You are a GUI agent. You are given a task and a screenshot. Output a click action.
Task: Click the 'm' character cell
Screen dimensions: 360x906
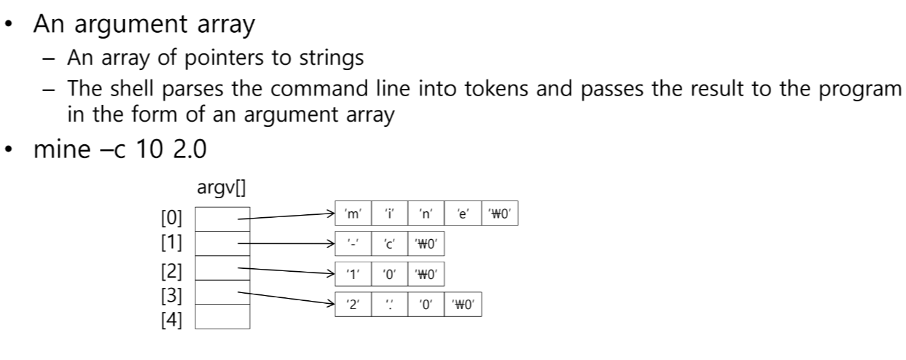[x=353, y=215]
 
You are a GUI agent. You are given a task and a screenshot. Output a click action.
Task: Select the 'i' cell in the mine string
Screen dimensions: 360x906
[x=389, y=215]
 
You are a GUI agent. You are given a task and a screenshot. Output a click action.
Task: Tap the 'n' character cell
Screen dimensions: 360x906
[x=426, y=215]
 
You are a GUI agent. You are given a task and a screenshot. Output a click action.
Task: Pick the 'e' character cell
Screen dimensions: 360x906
[x=462, y=215]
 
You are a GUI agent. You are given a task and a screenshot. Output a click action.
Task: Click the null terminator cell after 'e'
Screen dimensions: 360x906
[x=499, y=215]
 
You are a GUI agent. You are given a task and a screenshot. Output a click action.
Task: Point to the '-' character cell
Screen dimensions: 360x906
[x=353, y=243]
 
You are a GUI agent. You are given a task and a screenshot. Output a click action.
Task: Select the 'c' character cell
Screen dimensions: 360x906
[x=389, y=243]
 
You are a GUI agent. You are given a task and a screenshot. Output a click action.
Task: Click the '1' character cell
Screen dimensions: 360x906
[x=353, y=275]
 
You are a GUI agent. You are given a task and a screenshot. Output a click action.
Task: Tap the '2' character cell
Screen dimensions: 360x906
[x=353, y=302]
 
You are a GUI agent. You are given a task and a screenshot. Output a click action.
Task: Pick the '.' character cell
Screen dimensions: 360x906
[x=389, y=302]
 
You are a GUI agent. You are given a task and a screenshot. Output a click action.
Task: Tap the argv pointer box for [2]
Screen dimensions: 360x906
[x=222, y=268]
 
